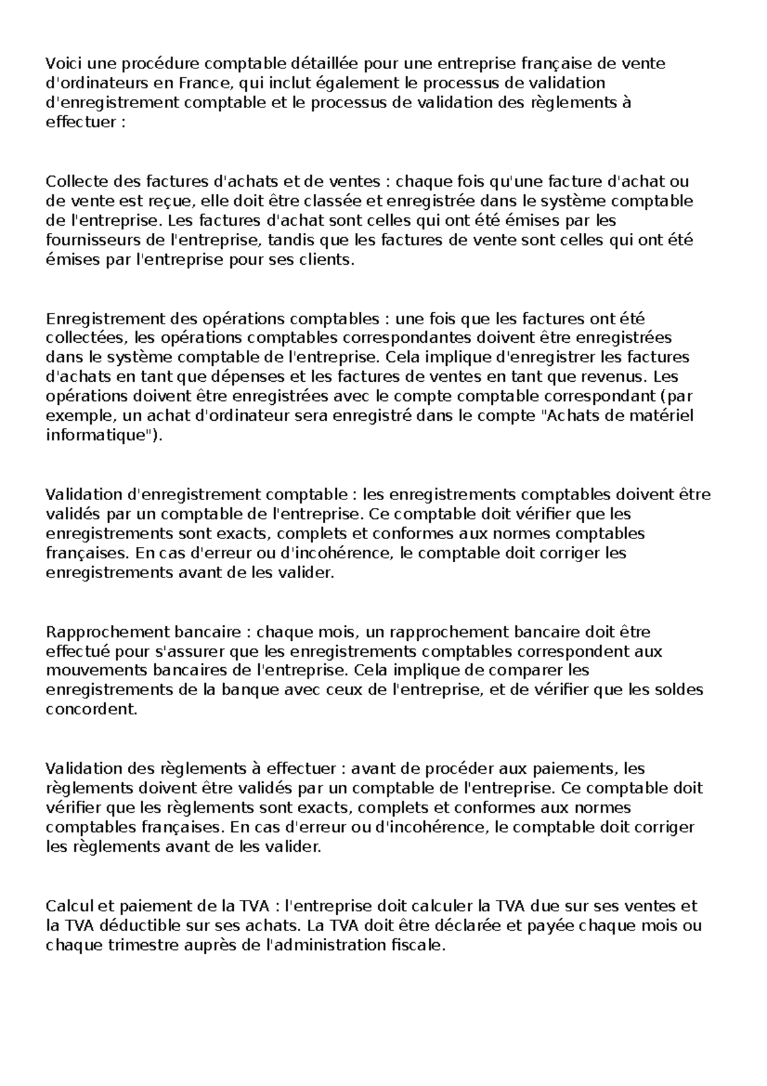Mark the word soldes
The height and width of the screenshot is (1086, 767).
pos(679,690)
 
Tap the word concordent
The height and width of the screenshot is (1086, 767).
pos(91,710)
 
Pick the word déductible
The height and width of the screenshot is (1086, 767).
pos(131,925)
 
